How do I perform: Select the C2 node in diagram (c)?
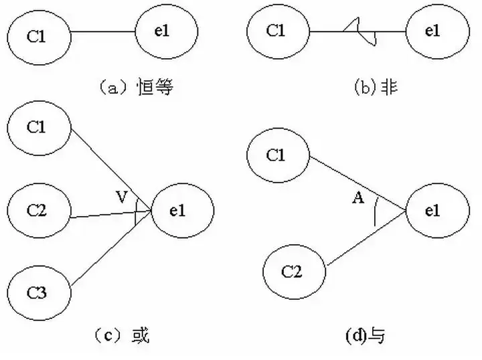coord(39,211)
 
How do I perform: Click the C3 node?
coord(39,292)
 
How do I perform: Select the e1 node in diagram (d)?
coord(433,211)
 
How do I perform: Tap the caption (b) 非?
coord(376,88)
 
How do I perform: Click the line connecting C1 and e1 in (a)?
coord(102,31)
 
